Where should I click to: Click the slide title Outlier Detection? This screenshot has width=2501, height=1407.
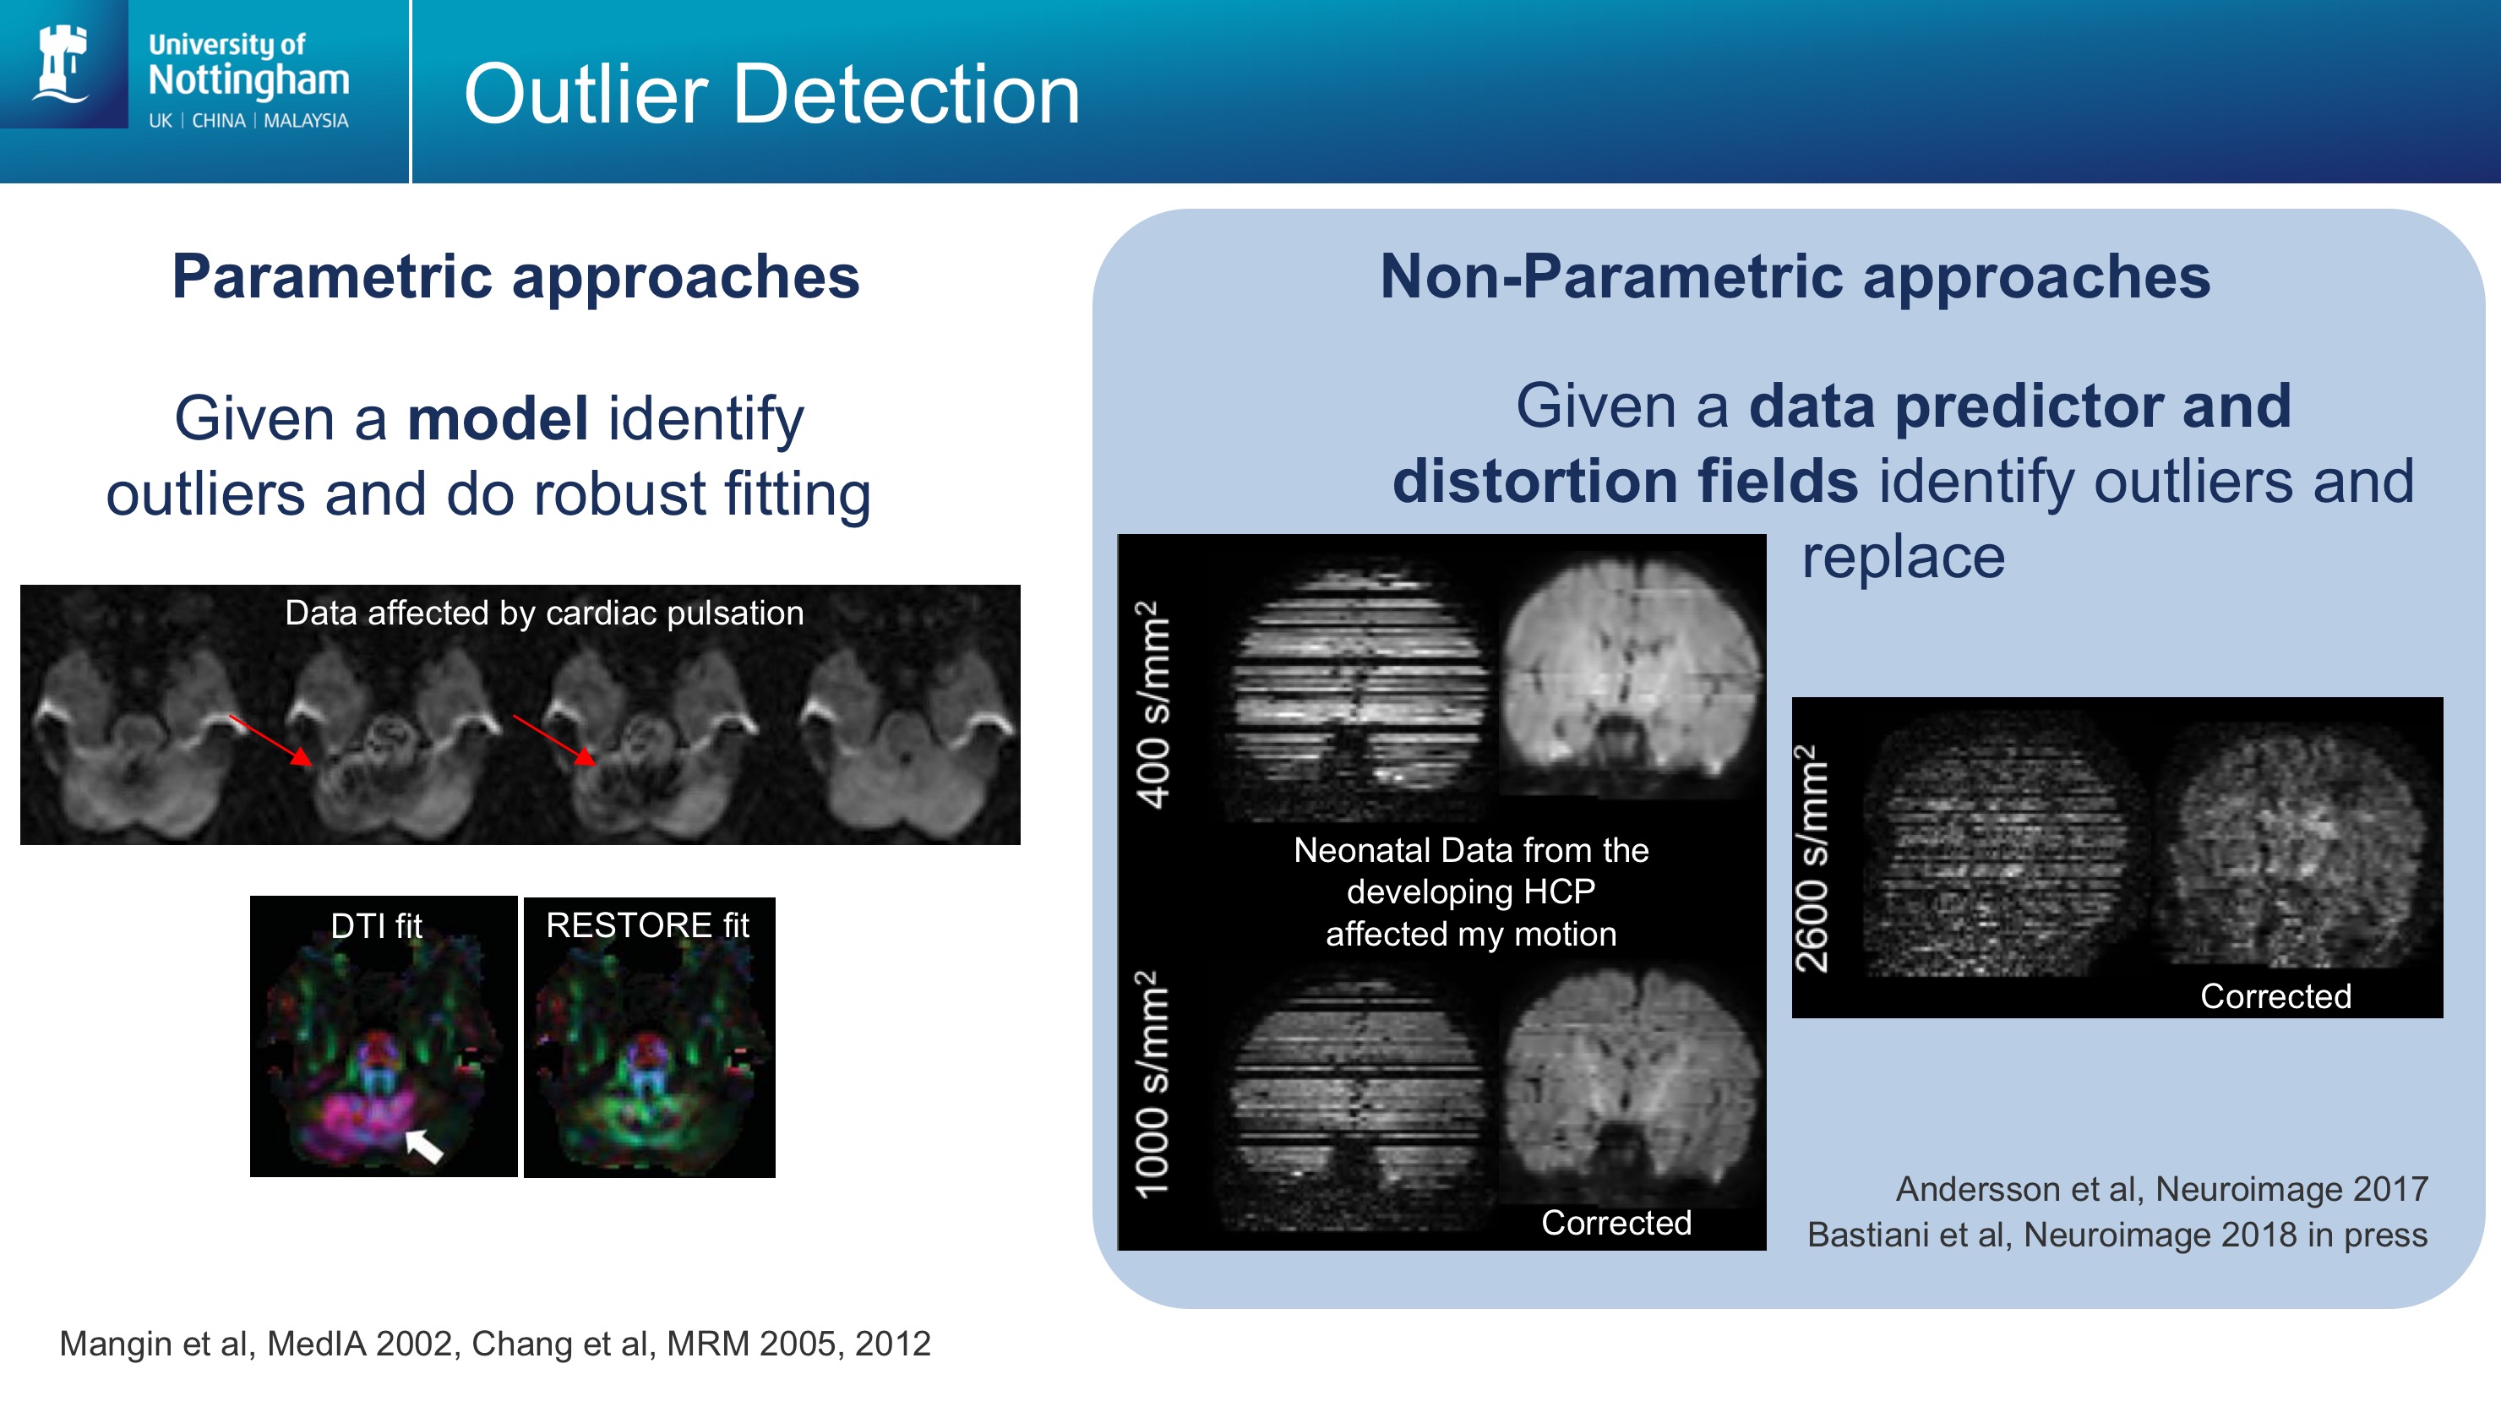point(772,94)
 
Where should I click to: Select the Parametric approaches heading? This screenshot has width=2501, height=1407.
point(515,276)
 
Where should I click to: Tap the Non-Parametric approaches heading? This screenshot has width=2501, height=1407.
point(1795,276)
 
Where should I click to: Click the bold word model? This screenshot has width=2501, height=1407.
point(498,417)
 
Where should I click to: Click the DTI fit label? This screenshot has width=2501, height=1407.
point(376,925)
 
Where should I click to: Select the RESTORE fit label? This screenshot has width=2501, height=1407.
point(647,924)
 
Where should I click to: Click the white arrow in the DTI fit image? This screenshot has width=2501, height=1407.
point(423,1146)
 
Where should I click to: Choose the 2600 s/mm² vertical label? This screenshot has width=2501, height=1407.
point(1811,859)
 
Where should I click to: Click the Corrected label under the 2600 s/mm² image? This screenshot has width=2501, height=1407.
point(2275,996)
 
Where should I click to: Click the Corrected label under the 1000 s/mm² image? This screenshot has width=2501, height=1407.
point(1616,1223)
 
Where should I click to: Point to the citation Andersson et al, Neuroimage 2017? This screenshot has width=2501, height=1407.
point(2162,1188)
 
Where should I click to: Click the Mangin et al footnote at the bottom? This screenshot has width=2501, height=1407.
point(495,1343)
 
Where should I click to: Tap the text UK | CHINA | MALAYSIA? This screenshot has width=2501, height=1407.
point(248,120)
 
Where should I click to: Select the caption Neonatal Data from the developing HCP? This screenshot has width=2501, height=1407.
point(1471,871)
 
